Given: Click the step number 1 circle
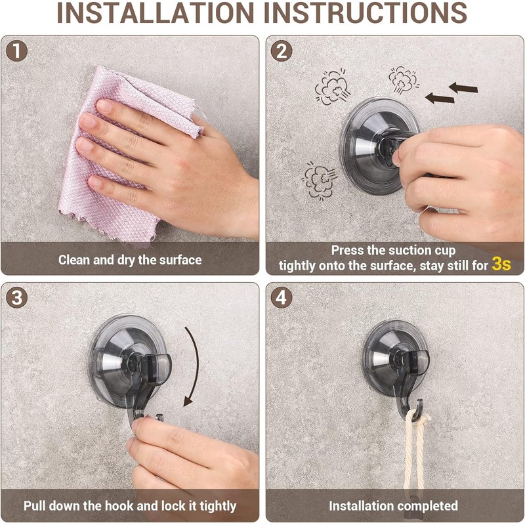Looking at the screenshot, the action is click(x=16, y=51).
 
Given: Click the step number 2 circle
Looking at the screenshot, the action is click(x=282, y=51).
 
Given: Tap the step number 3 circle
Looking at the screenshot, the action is click(x=16, y=297).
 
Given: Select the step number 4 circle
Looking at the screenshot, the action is click(x=282, y=297).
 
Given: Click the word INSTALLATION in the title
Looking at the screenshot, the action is click(x=156, y=13).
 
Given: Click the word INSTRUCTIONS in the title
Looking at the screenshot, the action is click(x=366, y=13).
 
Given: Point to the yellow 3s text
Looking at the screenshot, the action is click(x=501, y=264).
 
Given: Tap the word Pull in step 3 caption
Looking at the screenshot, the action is click(x=35, y=506).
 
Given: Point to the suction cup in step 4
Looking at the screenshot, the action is click(x=395, y=358).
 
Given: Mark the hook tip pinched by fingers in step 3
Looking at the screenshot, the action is click(x=158, y=417).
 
